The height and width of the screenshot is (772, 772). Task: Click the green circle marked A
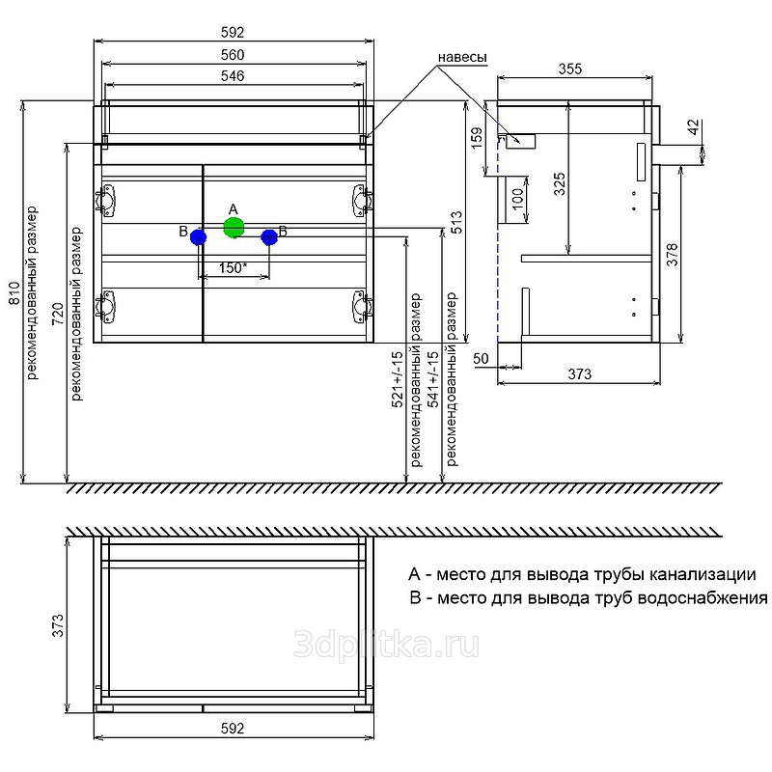233,228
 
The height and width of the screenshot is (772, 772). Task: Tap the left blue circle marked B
199,236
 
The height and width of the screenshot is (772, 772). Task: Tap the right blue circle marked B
269,236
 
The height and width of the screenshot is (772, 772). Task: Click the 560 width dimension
232,54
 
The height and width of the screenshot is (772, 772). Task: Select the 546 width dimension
232,75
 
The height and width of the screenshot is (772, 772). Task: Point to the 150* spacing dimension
232,268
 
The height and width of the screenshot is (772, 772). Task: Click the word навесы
461,57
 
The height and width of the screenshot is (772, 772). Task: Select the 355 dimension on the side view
571,69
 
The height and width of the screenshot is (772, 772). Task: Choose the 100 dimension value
517,201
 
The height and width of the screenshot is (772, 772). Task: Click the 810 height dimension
14,291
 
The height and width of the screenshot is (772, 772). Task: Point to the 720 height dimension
57,313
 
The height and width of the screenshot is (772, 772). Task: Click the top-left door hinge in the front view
105,200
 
